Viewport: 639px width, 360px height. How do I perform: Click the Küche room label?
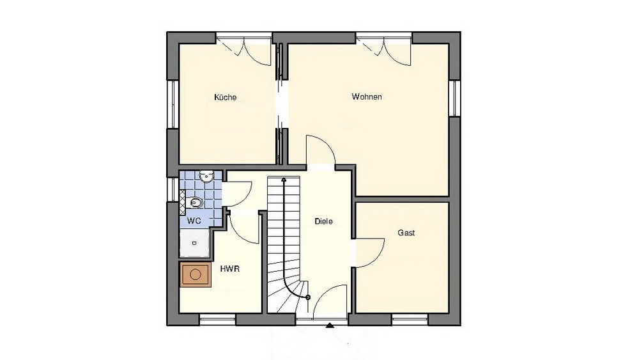(226, 97)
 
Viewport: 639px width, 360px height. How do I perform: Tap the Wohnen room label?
(367, 97)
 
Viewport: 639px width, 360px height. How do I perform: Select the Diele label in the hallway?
(323, 221)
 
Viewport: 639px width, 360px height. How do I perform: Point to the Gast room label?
(406, 233)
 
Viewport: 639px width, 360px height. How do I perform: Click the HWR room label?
(230, 269)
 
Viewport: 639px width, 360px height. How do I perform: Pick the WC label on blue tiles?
(194, 221)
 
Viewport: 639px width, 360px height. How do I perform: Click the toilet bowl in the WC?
(196, 202)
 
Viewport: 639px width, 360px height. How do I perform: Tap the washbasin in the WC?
(206, 176)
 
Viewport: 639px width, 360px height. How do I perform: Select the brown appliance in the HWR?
(196, 275)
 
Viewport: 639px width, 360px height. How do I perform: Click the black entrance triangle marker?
(330, 325)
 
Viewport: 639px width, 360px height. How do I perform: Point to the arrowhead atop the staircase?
(284, 179)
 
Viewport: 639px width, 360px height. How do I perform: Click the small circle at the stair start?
(308, 297)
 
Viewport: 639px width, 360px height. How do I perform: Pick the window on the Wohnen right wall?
(455, 98)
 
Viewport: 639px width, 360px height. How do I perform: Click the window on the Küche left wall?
(173, 104)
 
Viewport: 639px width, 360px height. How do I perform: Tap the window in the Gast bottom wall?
(410, 320)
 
